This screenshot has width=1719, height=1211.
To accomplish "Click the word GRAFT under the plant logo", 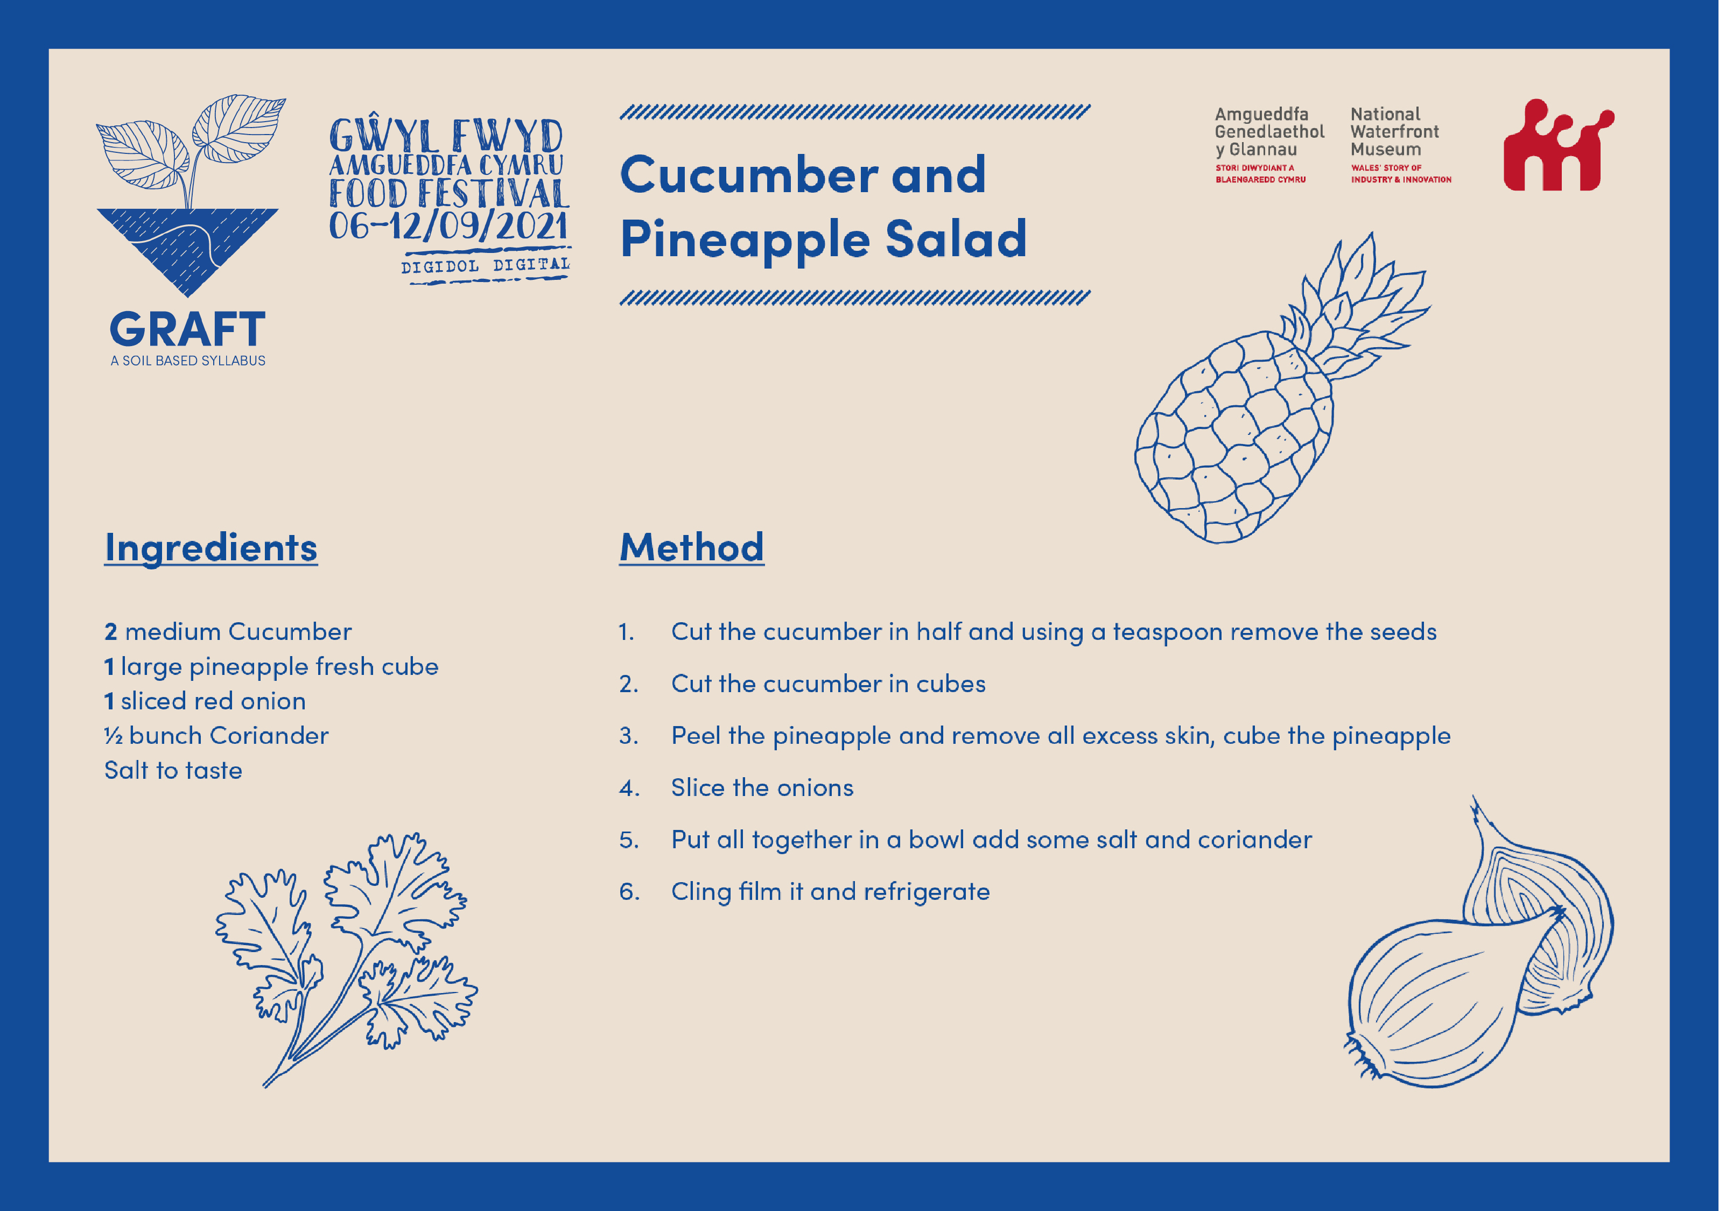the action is click(187, 329).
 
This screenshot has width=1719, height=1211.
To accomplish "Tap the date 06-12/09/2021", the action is click(448, 226).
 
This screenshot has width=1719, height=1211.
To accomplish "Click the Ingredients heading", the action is click(211, 548).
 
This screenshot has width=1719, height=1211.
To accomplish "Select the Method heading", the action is click(692, 547).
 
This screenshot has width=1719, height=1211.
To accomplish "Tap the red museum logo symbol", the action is click(1559, 145).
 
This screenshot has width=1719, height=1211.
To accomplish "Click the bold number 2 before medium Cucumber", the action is click(111, 632).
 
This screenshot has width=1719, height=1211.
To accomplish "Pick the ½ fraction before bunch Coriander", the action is click(113, 736).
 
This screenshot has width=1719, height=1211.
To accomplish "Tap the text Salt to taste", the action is click(173, 771).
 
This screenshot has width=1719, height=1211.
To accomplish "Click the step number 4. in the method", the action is click(629, 788).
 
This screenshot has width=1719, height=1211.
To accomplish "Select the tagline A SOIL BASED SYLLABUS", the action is click(188, 361).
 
